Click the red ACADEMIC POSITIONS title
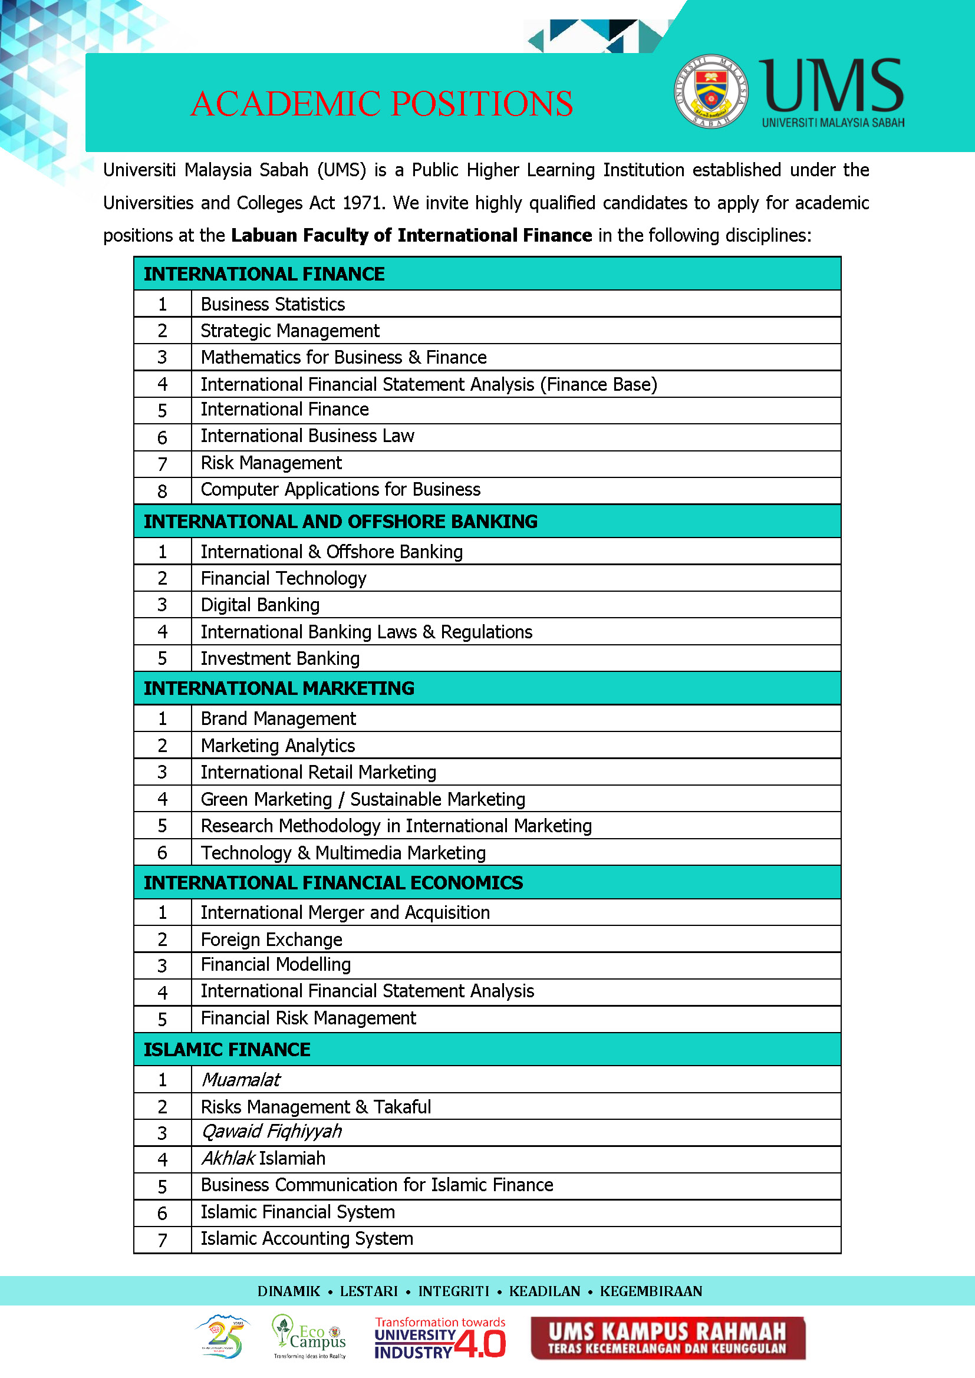(x=382, y=104)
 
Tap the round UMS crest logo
(x=710, y=91)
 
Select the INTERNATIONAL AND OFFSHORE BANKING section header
(x=340, y=522)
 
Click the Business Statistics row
(x=272, y=304)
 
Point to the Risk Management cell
(x=271, y=463)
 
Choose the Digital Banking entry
(x=260, y=605)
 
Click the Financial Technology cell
(x=284, y=579)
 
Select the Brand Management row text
(x=278, y=718)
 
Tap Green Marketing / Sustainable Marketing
(x=363, y=799)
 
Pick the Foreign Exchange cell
(x=271, y=939)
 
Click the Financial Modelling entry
(x=275, y=964)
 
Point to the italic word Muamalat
(x=241, y=1080)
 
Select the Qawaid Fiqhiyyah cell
(x=271, y=1131)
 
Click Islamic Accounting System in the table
(x=307, y=1239)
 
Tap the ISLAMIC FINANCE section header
(x=227, y=1049)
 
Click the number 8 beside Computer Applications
(x=162, y=492)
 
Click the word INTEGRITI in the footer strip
(x=453, y=1291)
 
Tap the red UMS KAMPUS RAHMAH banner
(x=668, y=1338)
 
